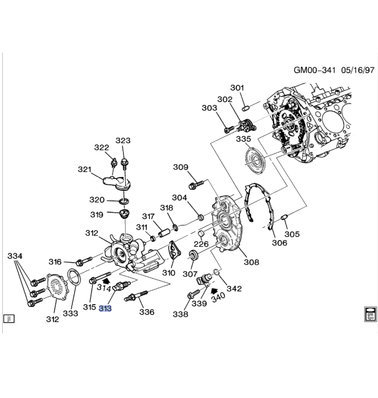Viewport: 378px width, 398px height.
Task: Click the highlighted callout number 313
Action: [105, 308]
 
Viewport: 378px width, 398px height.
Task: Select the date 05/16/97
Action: [358, 70]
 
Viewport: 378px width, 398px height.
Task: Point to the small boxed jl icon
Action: [8, 318]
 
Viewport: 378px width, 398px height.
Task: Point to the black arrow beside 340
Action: [214, 291]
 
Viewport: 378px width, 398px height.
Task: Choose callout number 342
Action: [234, 288]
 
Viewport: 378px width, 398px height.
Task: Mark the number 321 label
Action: [85, 169]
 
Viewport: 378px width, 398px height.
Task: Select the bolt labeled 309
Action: [196, 184]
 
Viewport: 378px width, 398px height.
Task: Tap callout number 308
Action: [251, 262]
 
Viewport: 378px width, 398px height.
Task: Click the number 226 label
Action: [201, 244]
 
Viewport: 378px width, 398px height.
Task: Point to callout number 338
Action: [180, 314]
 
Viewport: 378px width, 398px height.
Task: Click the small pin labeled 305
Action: [284, 218]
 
